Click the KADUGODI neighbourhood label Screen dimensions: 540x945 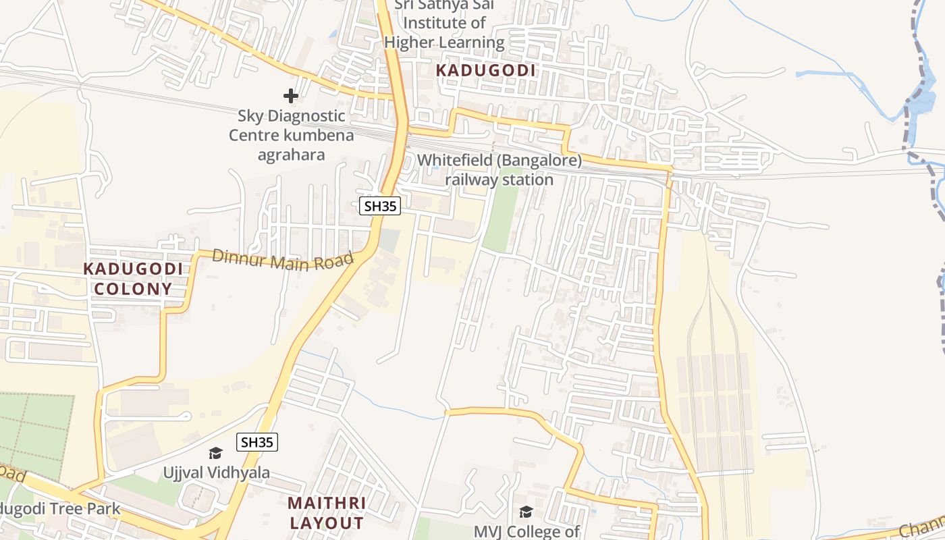click(485, 70)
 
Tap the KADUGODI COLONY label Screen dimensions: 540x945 click(133, 279)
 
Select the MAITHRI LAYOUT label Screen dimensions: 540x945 click(327, 513)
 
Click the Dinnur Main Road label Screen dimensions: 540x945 click(283, 260)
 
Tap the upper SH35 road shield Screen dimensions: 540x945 click(380, 207)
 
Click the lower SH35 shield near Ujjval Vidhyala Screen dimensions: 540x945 click(257, 443)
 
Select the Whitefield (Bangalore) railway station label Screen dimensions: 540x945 click(499, 170)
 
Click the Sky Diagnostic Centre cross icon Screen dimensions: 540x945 click(291, 96)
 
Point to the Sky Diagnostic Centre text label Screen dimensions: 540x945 click(291, 135)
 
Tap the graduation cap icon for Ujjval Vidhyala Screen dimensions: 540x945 click(215, 453)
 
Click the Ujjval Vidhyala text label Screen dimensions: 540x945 click(217, 473)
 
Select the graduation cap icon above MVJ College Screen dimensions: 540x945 click(526, 512)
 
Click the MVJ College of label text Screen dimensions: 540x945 click(526, 532)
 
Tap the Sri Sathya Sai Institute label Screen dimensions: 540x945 click(444, 24)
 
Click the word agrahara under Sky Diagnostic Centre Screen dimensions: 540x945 click(291, 155)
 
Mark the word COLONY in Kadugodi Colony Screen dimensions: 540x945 click(133, 289)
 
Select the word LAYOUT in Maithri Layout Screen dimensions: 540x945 click(327, 523)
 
